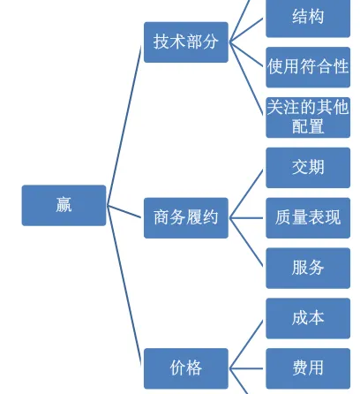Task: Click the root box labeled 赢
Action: tap(64, 205)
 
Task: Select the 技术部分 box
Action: tap(186, 42)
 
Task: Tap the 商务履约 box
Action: tap(186, 218)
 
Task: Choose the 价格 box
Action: tap(186, 368)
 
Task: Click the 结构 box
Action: tap(308, 17)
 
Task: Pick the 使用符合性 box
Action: tap(308, 67)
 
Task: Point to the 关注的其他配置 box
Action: tap(308, 117)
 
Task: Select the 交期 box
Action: tap(308, 168)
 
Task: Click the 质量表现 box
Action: tap(308, 218)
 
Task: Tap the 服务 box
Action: tap(308, 268)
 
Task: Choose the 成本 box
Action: tap(308, 318)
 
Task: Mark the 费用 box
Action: tap(308, 368)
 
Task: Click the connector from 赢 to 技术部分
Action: tap(124, 125)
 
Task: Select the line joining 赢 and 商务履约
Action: tap(124, 211)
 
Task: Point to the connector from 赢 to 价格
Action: tap(124, 285)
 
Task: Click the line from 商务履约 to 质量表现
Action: tap(246, 218)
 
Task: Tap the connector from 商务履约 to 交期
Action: tap(246, 193)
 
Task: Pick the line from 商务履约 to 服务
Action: tap(246, 242)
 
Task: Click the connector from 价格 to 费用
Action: tap(246, 368)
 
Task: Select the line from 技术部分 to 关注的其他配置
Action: tap(246, 78)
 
